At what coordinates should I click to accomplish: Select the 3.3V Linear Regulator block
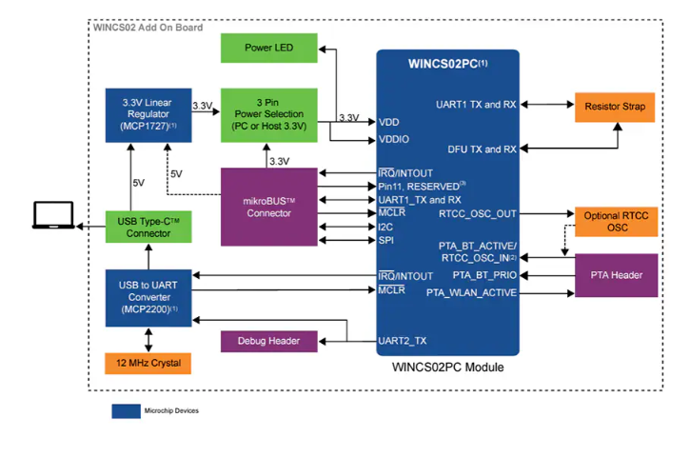147,113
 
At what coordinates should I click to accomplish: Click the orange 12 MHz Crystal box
147,364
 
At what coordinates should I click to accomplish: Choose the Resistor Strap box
614,107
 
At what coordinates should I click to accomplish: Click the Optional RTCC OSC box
614,222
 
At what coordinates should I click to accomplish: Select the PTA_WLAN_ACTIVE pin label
471,292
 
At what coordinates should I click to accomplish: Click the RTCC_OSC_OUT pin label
478,214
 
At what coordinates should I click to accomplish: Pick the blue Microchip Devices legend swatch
125,411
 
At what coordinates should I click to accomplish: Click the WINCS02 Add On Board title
148,27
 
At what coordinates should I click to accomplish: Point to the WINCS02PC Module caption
447,368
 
